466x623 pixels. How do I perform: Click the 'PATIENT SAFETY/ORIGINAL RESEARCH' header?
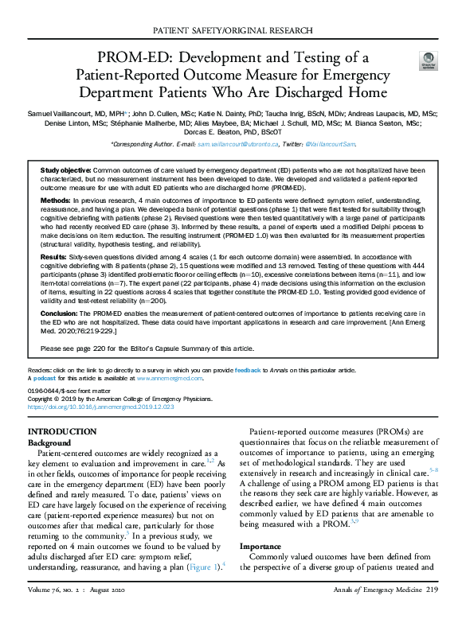click(233, 33)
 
